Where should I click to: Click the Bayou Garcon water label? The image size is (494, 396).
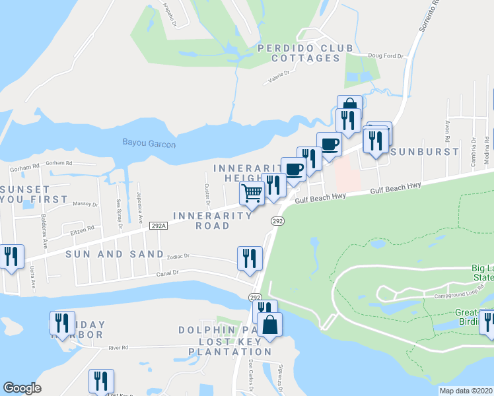tap(149, 143)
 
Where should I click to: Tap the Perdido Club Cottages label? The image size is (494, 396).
tap(299, 53)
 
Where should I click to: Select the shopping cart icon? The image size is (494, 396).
tap(252, 193)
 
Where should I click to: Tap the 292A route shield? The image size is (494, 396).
tap(158, 226)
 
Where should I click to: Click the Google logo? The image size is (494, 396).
tap(22, 388)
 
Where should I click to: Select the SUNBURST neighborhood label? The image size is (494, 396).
tap(424, 151)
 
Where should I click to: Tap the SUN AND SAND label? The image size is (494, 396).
tap(114, 254)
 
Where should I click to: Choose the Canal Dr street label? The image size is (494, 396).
tap(167, 273)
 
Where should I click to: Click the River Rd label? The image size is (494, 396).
tap(118, 347)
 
